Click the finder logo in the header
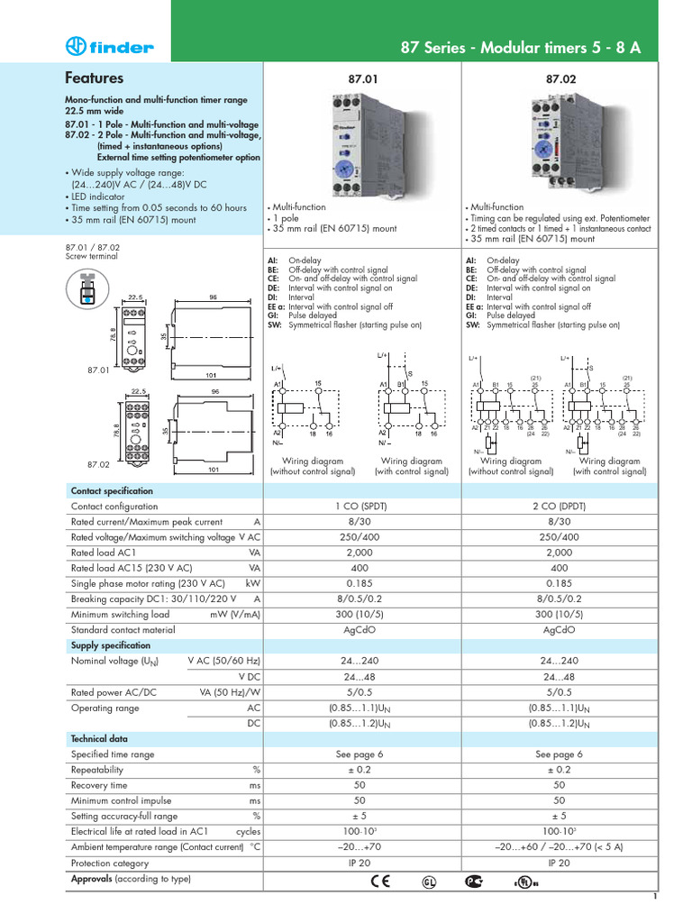(x=110, y=47)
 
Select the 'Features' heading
(x=95, y=78)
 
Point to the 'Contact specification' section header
(x=112, y=491)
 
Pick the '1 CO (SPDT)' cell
(x=360, y=507)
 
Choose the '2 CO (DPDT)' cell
(x=560, y=507)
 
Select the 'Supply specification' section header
(x=111, y=645)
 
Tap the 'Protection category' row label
(x=110, y=863)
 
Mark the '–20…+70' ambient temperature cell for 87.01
(x=360, y=847)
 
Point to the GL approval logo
(x=428, y=881)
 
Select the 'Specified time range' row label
(x=113, y=754)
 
